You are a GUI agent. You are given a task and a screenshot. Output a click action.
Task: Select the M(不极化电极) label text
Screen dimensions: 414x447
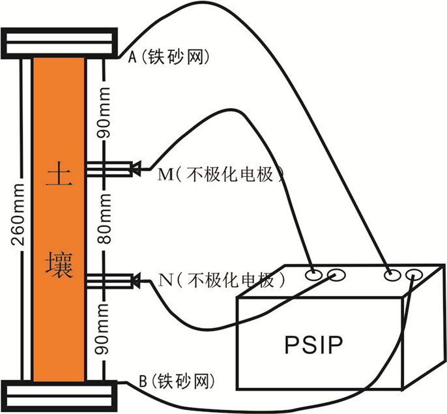coord(222,175)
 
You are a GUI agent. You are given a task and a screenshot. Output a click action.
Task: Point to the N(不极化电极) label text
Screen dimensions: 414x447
coord(222,281)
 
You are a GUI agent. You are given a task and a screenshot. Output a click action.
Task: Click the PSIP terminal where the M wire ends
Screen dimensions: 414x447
coord(314,275)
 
